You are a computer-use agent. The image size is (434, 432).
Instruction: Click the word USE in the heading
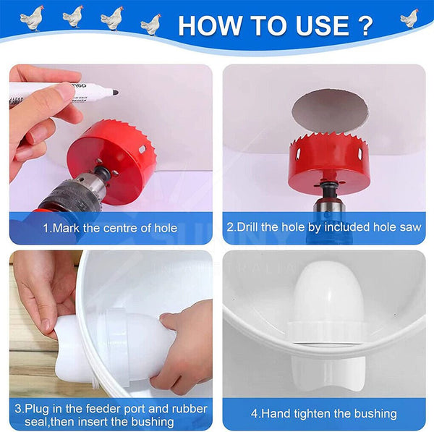coord(323,25)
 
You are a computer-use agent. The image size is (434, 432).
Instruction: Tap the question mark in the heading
coord(364,25)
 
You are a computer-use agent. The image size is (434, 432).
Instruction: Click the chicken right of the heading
coord(409,19)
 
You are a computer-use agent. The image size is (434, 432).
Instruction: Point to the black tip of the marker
coord(115,93)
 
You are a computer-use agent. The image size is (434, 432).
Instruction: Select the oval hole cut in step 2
coord(331,111)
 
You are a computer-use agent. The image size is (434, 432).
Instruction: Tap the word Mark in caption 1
coord(66,229)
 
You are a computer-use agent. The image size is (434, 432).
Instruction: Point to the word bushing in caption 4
coord(375,414)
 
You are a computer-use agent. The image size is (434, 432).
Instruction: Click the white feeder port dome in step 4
coord(328,294)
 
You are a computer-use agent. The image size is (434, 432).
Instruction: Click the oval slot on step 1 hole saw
coord(142,149)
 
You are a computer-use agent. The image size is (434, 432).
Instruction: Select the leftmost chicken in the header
coord(32,18)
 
